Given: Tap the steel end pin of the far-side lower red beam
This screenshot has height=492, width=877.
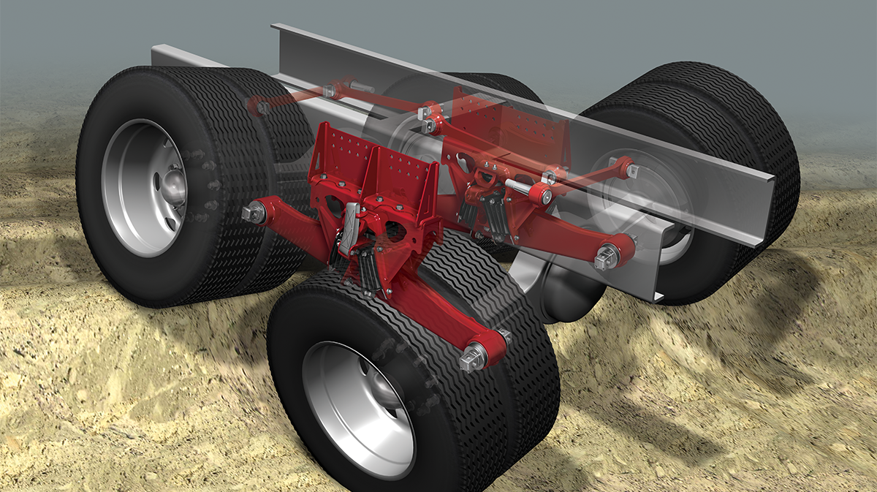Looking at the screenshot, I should (606, 257).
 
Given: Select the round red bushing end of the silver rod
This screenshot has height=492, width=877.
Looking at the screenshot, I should (542, 195).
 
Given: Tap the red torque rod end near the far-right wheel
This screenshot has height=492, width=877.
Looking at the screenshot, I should (625, 167).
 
